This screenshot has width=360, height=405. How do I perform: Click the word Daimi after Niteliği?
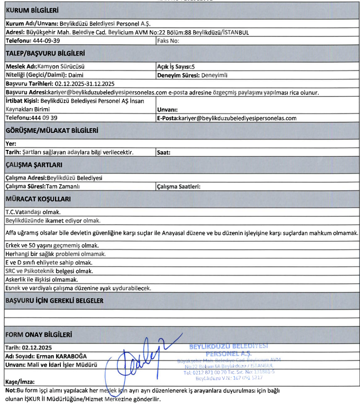coord(76,75)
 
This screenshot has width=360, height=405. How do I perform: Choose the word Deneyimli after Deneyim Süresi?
coord(214,75)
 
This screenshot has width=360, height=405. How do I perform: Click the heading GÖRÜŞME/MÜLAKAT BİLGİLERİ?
coord(52,131)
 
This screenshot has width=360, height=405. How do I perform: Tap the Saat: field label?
coord(163,152)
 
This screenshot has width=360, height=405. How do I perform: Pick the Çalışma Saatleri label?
coord(179,186)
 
